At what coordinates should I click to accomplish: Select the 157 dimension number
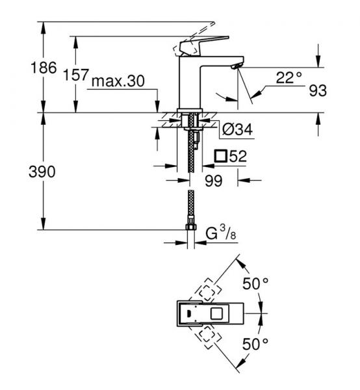[77, 75]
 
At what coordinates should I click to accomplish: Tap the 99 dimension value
[213, 180]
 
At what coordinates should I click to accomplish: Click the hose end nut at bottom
[191, 227]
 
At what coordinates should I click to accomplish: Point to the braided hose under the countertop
[191, 156]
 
